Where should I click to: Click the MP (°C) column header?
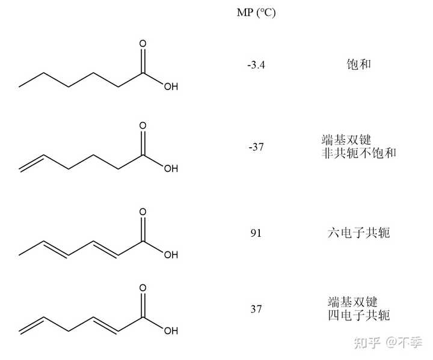[x=256, y=13]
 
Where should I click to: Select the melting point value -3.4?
[x=256, y=64]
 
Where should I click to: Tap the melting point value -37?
[x=256, y=147]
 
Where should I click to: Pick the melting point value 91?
[x=256, y=233]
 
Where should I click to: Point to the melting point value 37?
[x=256, y=310]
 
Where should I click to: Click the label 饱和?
[x=358, y=64]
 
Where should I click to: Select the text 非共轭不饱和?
[x=359, y=154]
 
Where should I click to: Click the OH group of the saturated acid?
[x=171, y=87]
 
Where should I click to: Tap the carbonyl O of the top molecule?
[x=143, y=44]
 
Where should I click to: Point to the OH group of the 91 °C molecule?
[x=171, y=254]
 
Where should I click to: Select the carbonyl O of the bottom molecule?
[x=143, y=288]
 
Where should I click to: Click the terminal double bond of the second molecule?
[x=31, y=162]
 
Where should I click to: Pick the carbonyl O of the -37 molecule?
[x=143, y=126]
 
